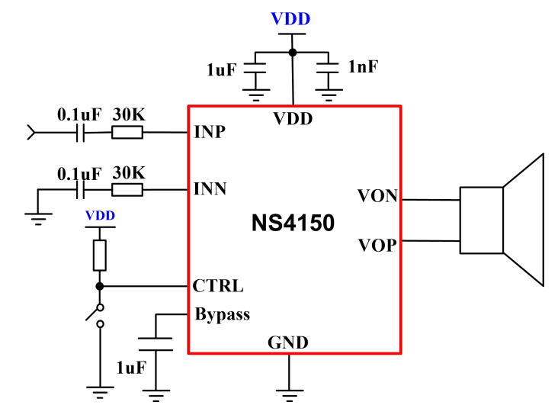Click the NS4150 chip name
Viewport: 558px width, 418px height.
[293, 223]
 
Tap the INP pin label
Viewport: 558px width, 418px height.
[210, 132]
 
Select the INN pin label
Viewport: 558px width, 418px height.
[210, 188]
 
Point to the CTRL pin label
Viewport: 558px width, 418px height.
[218, 286]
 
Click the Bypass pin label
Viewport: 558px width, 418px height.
[222, 313]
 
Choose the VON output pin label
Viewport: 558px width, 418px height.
[377, 196]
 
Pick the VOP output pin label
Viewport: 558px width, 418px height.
[377, 246]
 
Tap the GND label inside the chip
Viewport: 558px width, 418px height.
[288, 343]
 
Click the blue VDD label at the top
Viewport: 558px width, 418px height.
[291, 19]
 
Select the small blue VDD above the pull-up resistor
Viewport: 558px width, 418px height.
[100, 216]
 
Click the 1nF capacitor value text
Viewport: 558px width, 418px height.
[362, 68]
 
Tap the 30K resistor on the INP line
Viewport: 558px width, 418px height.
[127, 133]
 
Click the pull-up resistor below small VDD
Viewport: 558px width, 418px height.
[100, 255]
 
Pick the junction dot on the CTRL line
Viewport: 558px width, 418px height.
[100, 286]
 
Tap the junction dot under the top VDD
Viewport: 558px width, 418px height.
[292, 53]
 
